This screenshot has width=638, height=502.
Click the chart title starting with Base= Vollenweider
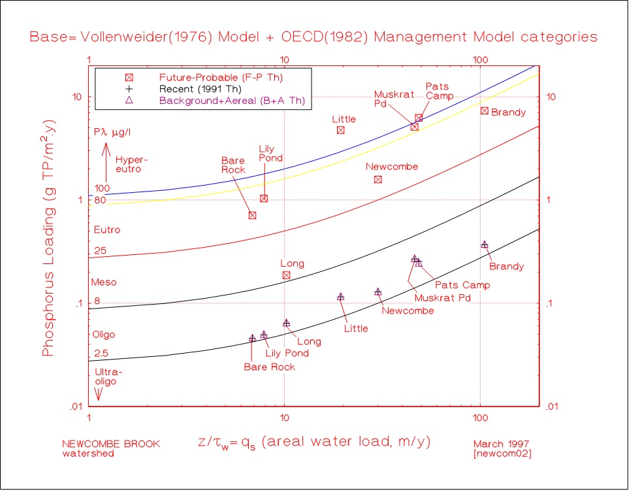(x=313, y=37)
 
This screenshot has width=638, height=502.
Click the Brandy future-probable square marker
(x=484, y=111)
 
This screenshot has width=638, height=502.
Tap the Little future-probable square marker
(x=340, y=130)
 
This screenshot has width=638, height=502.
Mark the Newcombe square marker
(x=377, y=180)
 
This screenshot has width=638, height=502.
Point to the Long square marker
(x=286, y=275)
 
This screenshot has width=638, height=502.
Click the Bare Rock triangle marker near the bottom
(x=252, y=338)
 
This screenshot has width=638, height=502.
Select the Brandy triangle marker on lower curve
(x=484, y=244)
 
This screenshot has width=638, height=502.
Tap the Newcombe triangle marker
(x=377, y=292)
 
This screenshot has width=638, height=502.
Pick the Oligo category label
(x=104, y=335)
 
